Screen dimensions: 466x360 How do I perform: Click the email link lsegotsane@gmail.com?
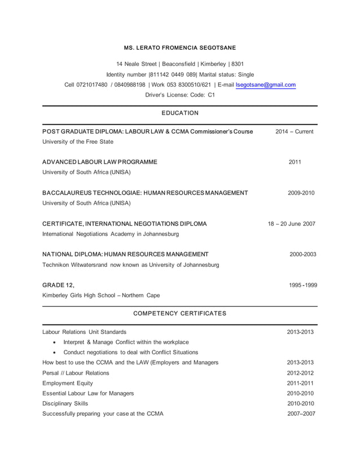tap(266, 85)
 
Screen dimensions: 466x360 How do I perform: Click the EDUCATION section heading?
tap(180, 113)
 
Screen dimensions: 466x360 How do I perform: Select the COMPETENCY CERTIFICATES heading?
tap(179, 313)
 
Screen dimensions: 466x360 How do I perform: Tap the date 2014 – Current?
tap(294, 131)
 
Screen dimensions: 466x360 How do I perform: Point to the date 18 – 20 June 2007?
tap(291, 223)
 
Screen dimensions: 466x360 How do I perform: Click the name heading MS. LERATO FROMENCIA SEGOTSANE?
tap(180, 47)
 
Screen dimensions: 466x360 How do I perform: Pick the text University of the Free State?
tap(78, 142)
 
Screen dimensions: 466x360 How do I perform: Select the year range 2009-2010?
tap(301, 193)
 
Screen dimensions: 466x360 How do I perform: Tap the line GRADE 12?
tap(58, 285)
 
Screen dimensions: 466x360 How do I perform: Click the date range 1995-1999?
tap(302, 285)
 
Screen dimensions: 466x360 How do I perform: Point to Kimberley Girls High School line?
tap(101, 295)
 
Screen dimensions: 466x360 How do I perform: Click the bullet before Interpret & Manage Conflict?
tap(54, 342)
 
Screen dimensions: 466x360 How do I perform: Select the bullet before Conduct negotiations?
tap(54, 353)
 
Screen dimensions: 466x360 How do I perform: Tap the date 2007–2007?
tap(301, 414)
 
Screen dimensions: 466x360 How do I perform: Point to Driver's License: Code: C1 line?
tap(180, 95)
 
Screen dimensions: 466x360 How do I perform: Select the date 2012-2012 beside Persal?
tap(301, 373)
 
